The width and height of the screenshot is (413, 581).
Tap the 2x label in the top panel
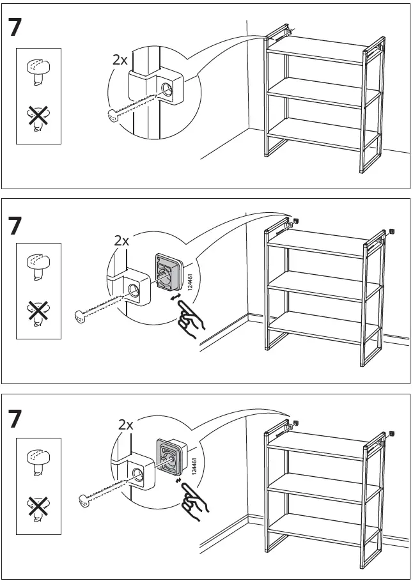pos(120,60)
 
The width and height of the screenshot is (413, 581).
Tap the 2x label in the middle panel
pos(121,241)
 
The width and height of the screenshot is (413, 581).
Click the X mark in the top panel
pos(37,115)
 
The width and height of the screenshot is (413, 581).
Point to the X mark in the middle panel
pos(37,311)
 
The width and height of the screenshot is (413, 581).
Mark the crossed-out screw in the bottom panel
pos(37,505)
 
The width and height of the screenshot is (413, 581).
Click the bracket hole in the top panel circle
pos(168,90)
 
